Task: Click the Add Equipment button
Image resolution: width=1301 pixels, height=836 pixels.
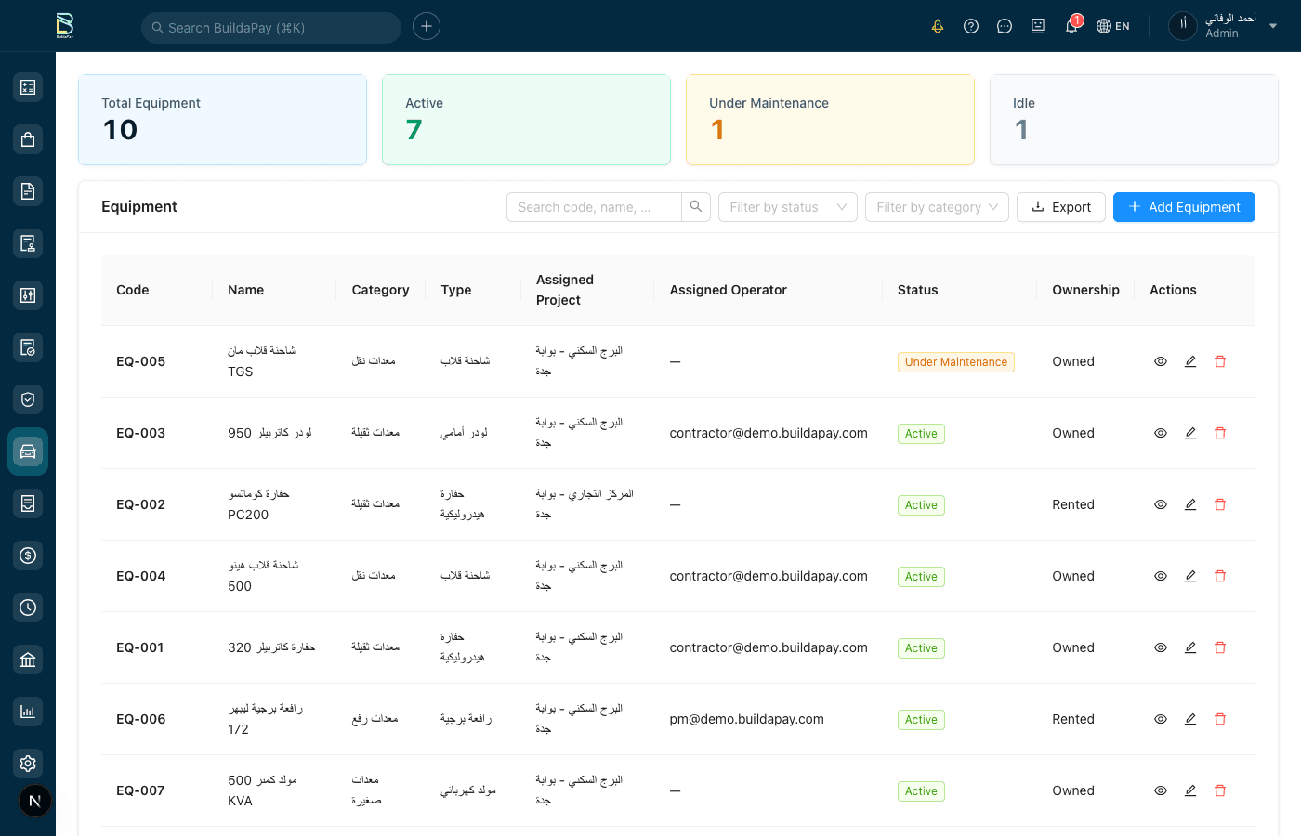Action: (1183, 207)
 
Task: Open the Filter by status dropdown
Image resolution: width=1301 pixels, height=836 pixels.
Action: (788, 207)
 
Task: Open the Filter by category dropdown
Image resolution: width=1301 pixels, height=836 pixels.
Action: (936, 207)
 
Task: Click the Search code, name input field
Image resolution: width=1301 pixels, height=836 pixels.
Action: (594, 207)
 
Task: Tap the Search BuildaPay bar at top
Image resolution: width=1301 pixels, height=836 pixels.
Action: (270, 28)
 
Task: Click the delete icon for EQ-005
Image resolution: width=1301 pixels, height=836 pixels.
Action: (1220, 361)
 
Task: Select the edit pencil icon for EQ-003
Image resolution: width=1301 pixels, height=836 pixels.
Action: (1190, 433)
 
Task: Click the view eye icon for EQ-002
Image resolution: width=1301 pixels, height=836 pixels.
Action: (1161, 504)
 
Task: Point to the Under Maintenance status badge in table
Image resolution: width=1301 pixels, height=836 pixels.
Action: (955, 362)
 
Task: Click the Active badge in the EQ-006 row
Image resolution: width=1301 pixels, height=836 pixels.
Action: (921, 720)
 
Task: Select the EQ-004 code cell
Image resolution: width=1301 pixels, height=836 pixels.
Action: (141, 576)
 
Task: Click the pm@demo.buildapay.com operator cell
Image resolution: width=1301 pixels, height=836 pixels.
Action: (746, 719)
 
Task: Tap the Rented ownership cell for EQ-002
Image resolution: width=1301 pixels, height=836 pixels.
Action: (1072, 504)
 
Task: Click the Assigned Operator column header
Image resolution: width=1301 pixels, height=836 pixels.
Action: (728, 290)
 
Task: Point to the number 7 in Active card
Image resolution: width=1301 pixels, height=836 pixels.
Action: (414, 130)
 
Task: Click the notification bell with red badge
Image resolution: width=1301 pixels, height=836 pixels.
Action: (1071, 26)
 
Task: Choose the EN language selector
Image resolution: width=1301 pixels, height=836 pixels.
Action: (1113, 26)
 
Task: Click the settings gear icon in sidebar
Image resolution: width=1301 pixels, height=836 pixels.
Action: (28, 764)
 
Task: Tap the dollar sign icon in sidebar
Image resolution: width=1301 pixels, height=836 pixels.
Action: (28, 555)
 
